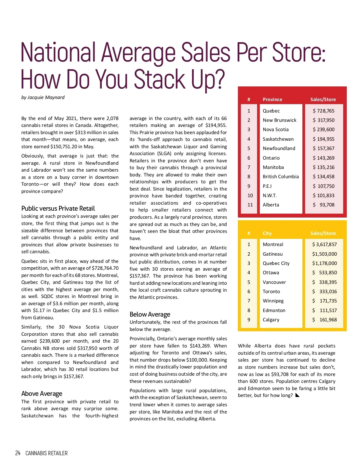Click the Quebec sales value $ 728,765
tap(323, 111)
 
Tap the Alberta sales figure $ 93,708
tap(323, 205)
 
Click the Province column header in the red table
tap(272, 99)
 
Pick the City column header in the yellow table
tap(267, 233)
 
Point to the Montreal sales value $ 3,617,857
tap(324, 244)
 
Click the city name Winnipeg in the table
tap(273, 301)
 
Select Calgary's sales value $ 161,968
tap(324, 320)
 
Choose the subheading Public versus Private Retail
tap(58, 208)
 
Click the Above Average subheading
tap(42, 393)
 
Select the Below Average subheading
tap(150, 314)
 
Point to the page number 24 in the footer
tap(18, 453)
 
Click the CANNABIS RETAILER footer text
tap(46, 453)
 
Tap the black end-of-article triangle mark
tap(297, 395)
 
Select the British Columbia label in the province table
tap(280, 176)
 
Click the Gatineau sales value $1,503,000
tap(324, 254)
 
